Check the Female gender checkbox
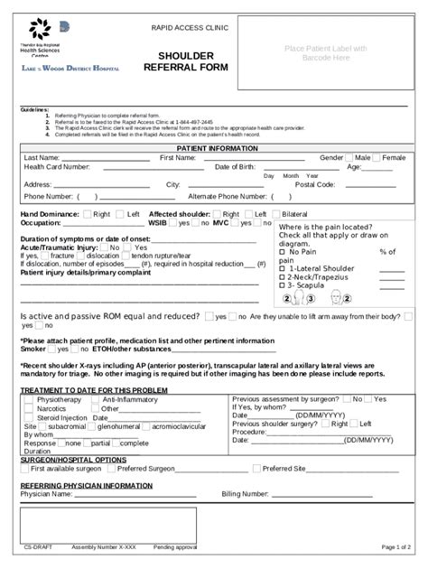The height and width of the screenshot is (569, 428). tap(377, 157)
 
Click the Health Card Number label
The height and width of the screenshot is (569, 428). tap(57, 167)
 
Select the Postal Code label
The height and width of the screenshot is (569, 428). tap(315, 184)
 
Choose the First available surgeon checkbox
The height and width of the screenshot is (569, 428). tap(25, 470)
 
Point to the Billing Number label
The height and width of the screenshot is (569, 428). tap(245, 494)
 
